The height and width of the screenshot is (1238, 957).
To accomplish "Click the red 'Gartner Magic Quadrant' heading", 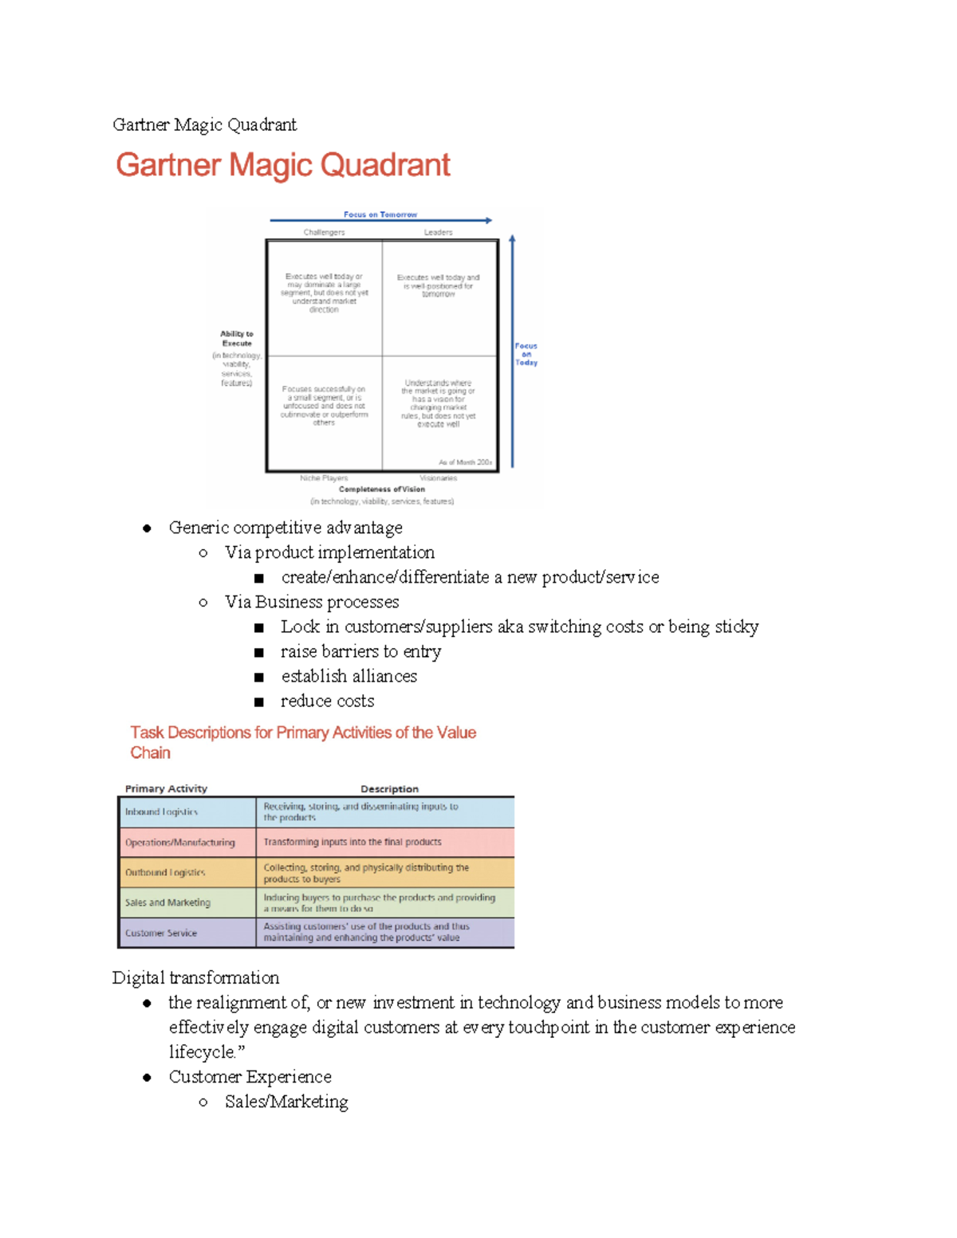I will point(283,165).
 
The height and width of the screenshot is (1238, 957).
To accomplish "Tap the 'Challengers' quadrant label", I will point(324,233).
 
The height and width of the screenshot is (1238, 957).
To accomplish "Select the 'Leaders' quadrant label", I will point(438,233).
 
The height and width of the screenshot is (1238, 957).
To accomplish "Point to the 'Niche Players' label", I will point(324,478).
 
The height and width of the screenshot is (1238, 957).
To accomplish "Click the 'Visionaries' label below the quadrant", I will point(439,478).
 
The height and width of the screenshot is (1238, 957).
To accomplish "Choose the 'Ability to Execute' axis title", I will point(237,339).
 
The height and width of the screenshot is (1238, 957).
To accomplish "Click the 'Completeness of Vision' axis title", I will point(382,489).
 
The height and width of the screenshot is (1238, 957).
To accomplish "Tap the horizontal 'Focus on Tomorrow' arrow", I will point(380,220).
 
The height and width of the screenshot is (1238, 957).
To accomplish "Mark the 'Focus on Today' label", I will point(526,354).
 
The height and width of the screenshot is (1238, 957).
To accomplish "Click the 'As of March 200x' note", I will point(465,462).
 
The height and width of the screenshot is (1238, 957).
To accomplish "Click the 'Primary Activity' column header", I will point(166,788).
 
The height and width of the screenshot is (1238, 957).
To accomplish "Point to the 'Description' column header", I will point(389,788).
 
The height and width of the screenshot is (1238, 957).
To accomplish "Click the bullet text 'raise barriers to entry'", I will point(360,651).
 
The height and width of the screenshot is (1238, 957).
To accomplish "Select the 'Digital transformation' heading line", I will point(195,977).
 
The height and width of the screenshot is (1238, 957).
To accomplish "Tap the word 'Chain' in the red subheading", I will point(150,753).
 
